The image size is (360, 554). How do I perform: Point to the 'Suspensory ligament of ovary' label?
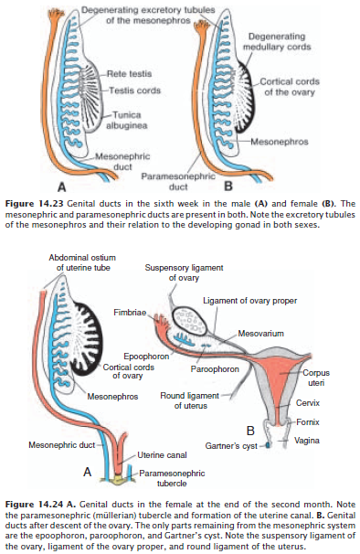coord(182,272)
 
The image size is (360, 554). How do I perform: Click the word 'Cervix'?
coord(307,401)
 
